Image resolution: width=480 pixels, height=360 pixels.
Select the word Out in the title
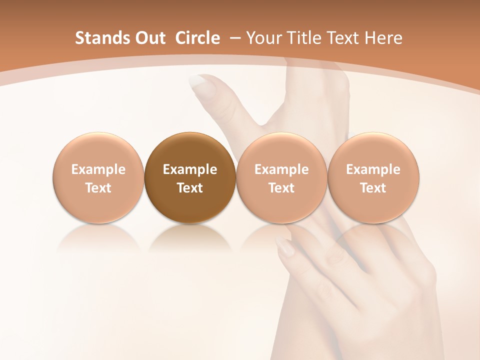[x=148, y=38]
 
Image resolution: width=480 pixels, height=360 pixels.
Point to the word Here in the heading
[x=383, y=38]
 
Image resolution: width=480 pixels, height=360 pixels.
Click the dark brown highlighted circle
[x=190, y=178]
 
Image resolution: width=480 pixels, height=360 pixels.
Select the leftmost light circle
[x=98, y=178]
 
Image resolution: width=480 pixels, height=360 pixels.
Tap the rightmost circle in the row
[x=373, y=178]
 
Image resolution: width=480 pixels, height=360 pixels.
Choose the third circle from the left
[x=281, y=178]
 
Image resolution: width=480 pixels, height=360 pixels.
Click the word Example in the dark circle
[x=190, y=169]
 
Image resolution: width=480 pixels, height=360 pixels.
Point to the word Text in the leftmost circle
[x=98, y=188]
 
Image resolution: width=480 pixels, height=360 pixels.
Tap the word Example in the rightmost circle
[x=373, y=169]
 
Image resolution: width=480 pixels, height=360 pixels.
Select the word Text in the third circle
[x=281, y=188]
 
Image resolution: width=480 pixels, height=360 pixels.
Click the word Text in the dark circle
[x=190, y=188]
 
